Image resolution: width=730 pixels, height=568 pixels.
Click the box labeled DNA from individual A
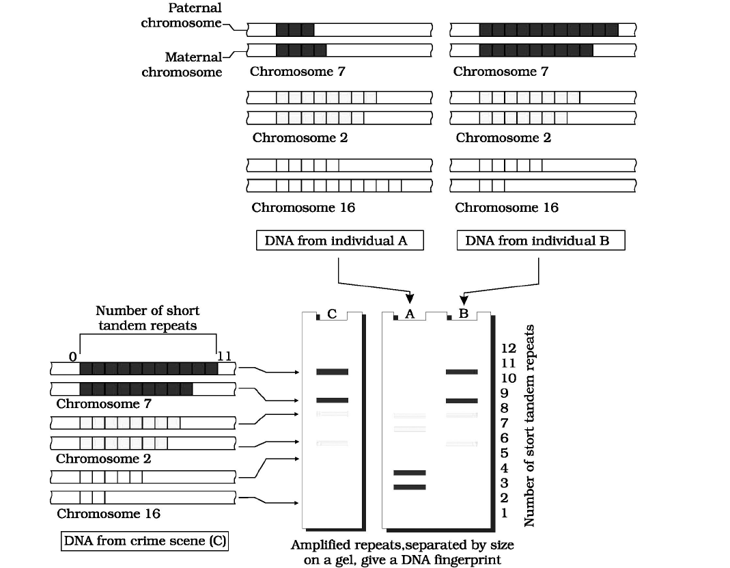pos(340,241)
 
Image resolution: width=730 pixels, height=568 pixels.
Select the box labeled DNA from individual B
pos(540,241)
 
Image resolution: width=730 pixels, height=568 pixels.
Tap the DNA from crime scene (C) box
pos(145,541)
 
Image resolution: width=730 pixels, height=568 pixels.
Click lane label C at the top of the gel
pos(332,314)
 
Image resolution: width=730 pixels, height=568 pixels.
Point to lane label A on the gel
pos(410,314)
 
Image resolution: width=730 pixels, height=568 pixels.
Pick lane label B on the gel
pos(463,314)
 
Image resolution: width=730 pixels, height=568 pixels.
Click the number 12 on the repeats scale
pos(509,349)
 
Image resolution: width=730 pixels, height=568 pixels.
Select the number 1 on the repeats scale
pos(504,513)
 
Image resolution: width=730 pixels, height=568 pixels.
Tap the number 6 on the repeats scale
pos(504,437)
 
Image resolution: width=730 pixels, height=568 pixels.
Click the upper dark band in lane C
pos(332,372)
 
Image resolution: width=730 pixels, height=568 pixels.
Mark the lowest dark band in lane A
pos(409,487)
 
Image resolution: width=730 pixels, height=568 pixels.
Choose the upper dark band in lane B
pos(462,372)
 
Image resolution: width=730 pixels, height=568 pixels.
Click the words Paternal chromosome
pos(181,15)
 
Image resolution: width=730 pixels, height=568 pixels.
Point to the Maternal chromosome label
pos(182,64)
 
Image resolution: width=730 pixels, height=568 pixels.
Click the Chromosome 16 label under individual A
pos(303,207)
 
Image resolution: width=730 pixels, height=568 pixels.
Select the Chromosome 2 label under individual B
pos(503,137)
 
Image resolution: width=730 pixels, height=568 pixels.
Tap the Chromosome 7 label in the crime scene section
pos(104,403)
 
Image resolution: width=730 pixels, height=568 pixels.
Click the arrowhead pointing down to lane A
pos(410,298)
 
